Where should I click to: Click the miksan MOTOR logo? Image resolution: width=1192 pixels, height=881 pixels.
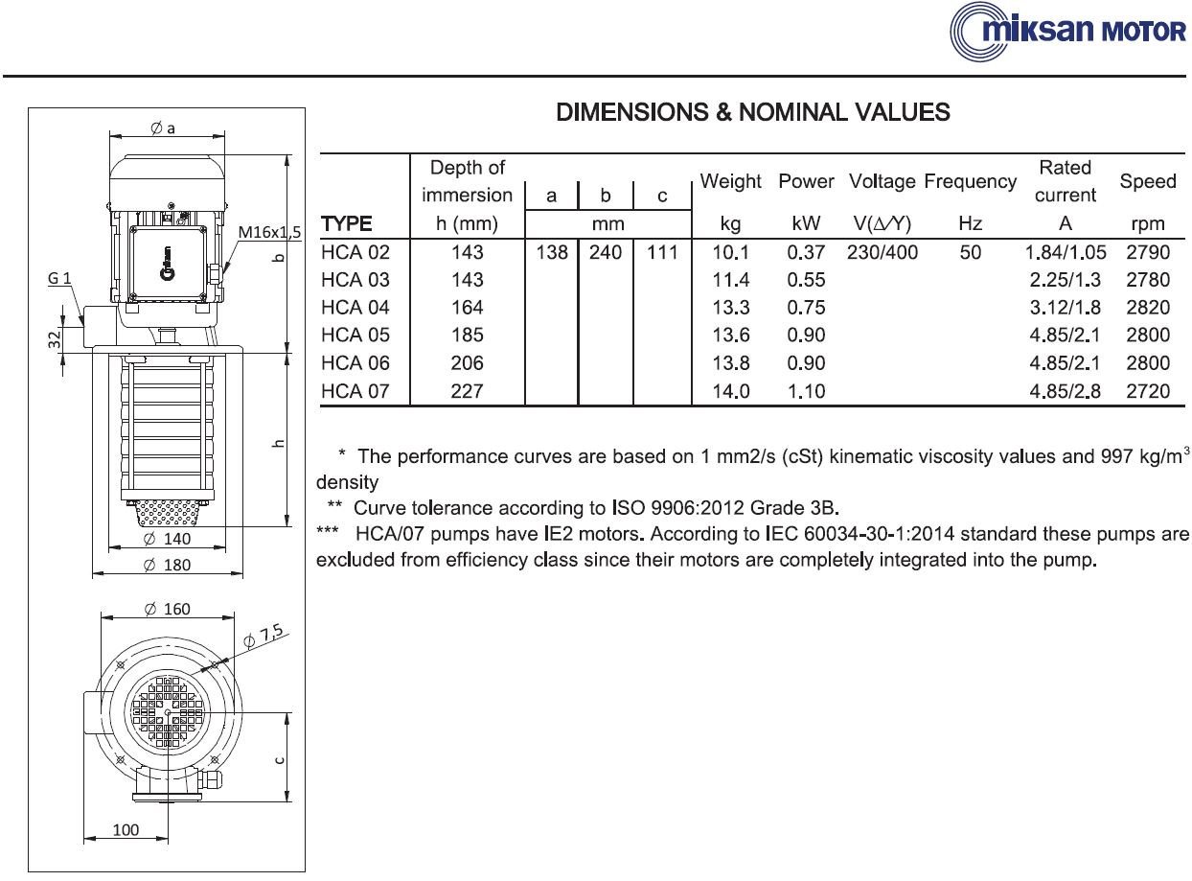[1067, 32]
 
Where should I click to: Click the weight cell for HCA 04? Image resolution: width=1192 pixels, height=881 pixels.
[730, 308]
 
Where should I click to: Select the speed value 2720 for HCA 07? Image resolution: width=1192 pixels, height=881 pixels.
[1147, 391]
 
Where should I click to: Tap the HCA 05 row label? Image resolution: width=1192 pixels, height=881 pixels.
[355, 336]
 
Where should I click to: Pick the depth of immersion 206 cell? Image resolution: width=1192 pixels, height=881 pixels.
[467, 363]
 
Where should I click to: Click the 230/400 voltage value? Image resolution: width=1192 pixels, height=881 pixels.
[882, 252]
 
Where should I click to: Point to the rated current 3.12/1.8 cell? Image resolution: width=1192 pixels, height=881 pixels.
[1065, 308]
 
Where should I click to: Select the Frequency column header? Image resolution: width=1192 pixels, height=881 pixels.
[970, 181]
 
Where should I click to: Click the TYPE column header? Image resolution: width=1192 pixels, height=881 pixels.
[346, 223]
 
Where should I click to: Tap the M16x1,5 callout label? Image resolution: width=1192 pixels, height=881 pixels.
[269, 232]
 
